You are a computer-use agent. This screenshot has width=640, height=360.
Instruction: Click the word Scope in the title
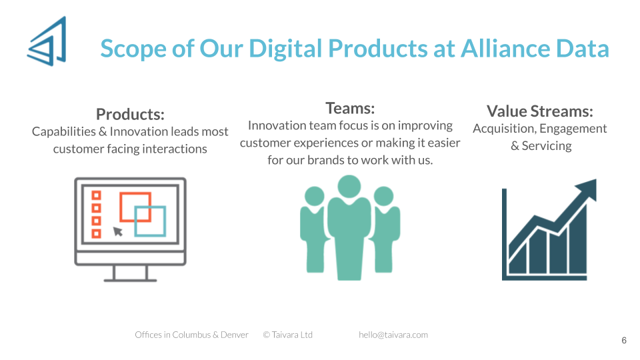pyautogui.click(x=134, y=49)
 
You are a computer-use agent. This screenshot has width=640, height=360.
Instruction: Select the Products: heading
pyautogui.click(x=130, y=114)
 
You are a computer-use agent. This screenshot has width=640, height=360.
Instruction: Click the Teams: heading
pyautogui.click(x=350, y=108)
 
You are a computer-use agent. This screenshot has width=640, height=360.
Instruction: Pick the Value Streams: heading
pyautogui.click(x=540, y=111)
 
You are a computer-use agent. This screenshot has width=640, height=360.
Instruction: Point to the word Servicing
pyautogui.click(x=547, y=146)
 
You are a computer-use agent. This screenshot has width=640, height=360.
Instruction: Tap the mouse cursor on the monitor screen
pyautogui.click(x=117, y=231)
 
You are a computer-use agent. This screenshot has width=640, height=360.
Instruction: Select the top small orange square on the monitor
pyautogui.click(x=96, y=195)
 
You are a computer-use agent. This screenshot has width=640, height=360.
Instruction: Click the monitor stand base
pyautogui.click(x=130, y=280)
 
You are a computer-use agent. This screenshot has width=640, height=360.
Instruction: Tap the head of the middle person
pyautogui.click(x=349, y=187)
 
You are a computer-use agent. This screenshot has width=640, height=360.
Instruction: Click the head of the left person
pyautogui.click(x=314, y=196)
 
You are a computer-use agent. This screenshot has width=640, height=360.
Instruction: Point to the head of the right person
pyautogui.click(x=384, y=196)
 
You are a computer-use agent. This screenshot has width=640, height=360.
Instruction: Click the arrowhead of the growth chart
pyautogui.click(x=589, y=189)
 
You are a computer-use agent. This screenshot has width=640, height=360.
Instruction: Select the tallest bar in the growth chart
pyautogui.click(x=578, y=241)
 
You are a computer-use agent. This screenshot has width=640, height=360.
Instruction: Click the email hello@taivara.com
pyautogui.click(x=393, y=335)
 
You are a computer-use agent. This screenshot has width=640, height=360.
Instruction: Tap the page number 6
pyautogui.click(x=624, y=341)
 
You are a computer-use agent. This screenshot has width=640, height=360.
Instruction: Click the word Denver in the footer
pyautogui.click(x=234, y=335)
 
